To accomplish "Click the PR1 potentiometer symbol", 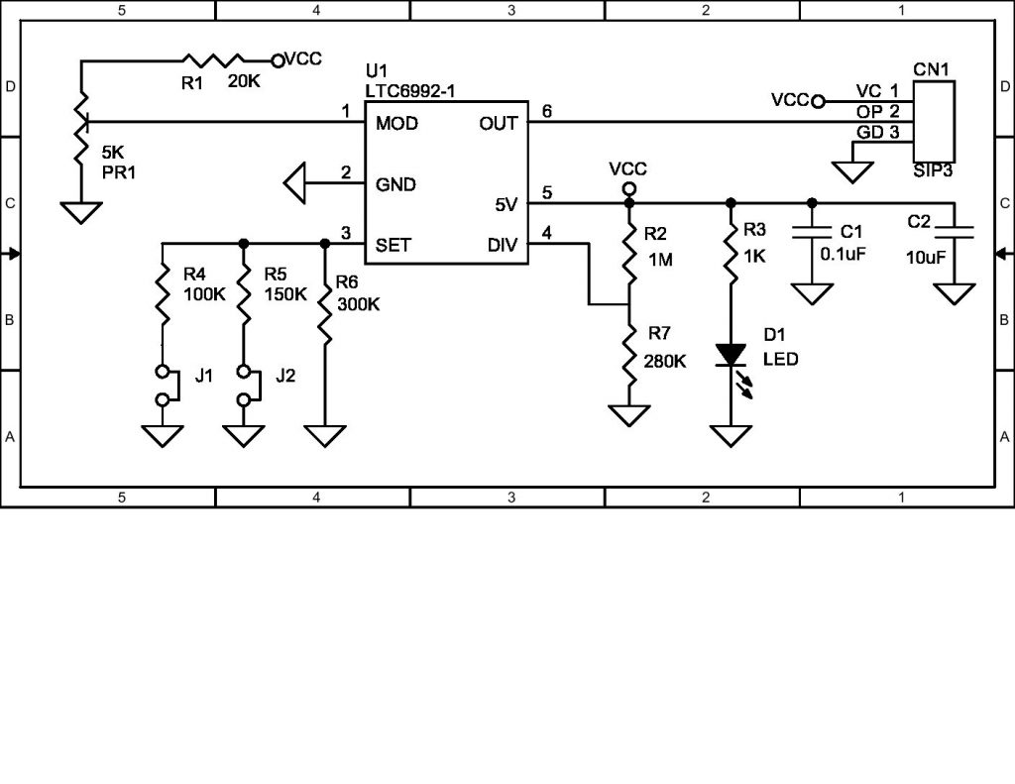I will [81, 123].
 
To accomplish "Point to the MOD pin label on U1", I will [396, 124].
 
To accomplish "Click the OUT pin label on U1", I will [498, 124].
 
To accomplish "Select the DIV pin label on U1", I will [502, 245].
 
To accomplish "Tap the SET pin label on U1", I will [394, 245].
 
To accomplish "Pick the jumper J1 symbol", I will [165, 386].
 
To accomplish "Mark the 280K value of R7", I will [666, 361].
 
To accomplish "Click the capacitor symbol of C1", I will [812, 235].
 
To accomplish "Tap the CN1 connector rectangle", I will [933, 114].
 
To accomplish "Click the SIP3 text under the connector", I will [932, 169].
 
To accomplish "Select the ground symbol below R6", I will [325, 435].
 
